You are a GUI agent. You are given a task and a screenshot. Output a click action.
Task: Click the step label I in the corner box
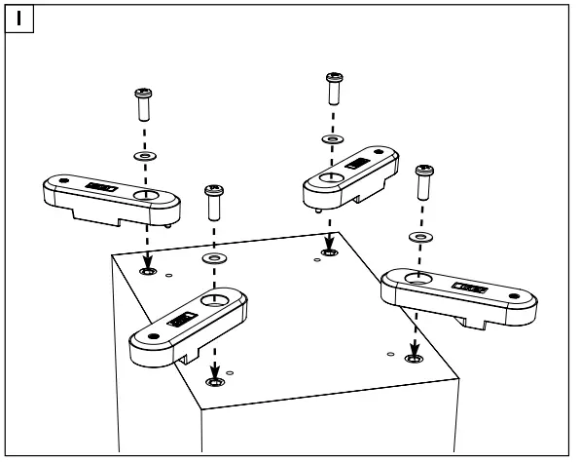click(19, 19)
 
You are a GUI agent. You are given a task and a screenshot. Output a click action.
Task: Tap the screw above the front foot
click(212, 203)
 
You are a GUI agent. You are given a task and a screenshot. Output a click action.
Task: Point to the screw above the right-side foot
click(422, 183)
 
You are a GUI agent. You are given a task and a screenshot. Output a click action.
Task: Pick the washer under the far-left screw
click(143, 154)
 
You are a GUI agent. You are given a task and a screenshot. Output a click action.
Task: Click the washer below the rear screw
click(331, 138)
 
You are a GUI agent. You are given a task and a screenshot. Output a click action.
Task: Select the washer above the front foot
click(213, 258)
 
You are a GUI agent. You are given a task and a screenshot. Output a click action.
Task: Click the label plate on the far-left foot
click(100, 185)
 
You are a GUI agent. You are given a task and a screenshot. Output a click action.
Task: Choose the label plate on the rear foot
click(357, 164)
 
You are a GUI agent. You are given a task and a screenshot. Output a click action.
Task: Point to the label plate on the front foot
click(181, 319)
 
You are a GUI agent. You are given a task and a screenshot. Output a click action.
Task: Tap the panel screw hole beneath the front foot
click(214, 378)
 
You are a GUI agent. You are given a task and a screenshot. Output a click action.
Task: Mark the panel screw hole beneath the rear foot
click(325, 255)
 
